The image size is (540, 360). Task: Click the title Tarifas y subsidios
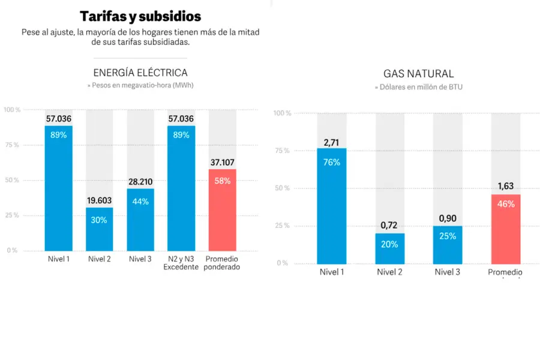[x=140, y=16]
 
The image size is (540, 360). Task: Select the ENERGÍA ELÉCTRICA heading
[x=140, y=73]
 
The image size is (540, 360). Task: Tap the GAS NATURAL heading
[x=419, y=74]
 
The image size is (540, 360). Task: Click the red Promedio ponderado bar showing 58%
[x=223, y=210]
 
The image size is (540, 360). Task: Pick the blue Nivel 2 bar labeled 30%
[x=100, y=229]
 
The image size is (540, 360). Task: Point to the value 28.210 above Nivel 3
[x=140, y=181]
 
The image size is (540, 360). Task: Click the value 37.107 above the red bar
[x=223, y=162]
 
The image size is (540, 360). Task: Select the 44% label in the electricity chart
[x=140, y=202]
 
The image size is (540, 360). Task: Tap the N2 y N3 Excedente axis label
[x=181, y=263]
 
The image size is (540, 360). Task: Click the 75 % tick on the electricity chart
[x=11, y=145]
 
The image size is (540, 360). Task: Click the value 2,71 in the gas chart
[x=332, y=142]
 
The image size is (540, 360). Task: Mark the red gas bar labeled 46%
[x=506, y=229]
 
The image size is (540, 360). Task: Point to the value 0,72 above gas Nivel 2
[x=390, y=226]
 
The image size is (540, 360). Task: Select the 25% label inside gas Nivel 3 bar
[x=448, y=236]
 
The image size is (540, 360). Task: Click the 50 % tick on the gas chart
[x=282, y=188]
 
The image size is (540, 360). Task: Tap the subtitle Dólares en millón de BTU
[x=419, y=87]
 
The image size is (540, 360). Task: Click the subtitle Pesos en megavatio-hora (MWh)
[x=140, y=86]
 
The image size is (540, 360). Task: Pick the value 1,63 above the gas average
[x=506, y=187]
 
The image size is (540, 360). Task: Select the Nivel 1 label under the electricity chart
[x=59, y=259]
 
